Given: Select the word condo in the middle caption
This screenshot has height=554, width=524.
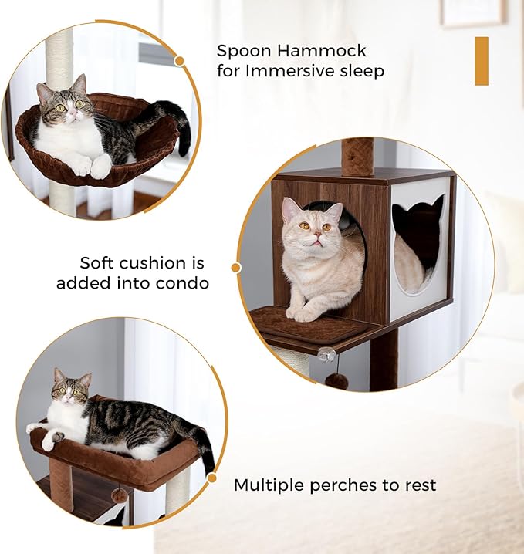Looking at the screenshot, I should point(183,283).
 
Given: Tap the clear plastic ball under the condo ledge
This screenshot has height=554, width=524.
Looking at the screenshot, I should point(327,354).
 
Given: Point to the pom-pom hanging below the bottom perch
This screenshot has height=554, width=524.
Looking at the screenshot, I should point(119,495).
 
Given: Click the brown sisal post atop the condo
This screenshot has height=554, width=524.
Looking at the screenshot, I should point(357,156).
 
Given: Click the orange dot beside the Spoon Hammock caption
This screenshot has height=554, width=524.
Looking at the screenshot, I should point(180,60).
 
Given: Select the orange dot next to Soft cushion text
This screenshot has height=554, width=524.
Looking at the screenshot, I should point(235,268).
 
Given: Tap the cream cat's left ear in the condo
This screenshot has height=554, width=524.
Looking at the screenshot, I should point(290,208).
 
